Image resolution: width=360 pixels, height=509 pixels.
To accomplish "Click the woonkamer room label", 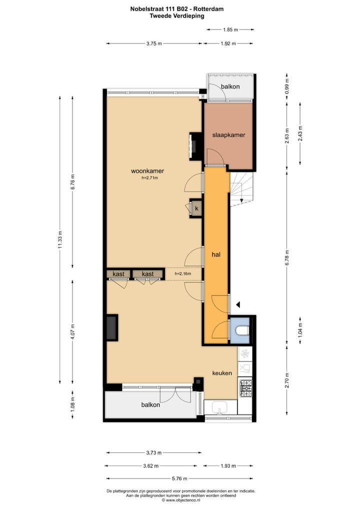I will [147, 171].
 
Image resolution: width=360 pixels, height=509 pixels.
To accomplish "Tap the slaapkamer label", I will [228, 135].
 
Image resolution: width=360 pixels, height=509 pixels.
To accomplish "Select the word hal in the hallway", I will [216, 254].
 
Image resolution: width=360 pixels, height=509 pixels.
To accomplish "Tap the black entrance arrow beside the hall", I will [238, 304].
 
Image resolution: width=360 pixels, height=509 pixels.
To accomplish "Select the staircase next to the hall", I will [241, 189].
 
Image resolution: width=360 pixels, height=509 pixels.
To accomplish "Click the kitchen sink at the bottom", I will [219, 409].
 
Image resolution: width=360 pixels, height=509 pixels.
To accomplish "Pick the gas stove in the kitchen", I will [245, 388].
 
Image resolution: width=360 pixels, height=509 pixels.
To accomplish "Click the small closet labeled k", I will [196, 208].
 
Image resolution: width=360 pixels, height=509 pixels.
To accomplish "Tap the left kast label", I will [118, 274].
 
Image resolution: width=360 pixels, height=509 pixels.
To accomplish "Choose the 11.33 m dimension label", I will [60, 238].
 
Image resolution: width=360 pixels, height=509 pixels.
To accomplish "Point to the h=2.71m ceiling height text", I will [149, 177].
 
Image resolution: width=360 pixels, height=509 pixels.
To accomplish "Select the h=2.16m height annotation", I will [183, 274].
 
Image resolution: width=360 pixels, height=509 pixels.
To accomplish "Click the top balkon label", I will [230, 86].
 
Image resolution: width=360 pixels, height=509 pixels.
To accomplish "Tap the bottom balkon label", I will [150, 405].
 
